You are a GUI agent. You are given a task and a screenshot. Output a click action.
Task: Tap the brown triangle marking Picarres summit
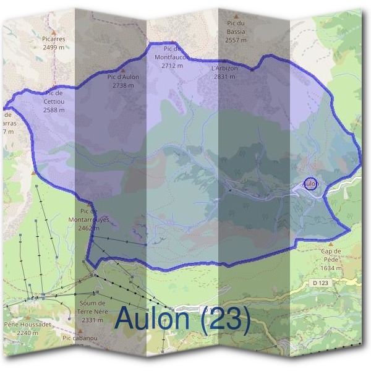click(54, 31)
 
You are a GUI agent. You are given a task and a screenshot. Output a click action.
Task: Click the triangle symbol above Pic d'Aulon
click(122, 70)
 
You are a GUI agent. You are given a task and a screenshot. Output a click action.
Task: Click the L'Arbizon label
click(224, 68)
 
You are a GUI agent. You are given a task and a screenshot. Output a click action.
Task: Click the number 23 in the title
click(226, 319)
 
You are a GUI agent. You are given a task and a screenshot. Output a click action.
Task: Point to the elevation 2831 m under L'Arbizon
click(224, 77)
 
